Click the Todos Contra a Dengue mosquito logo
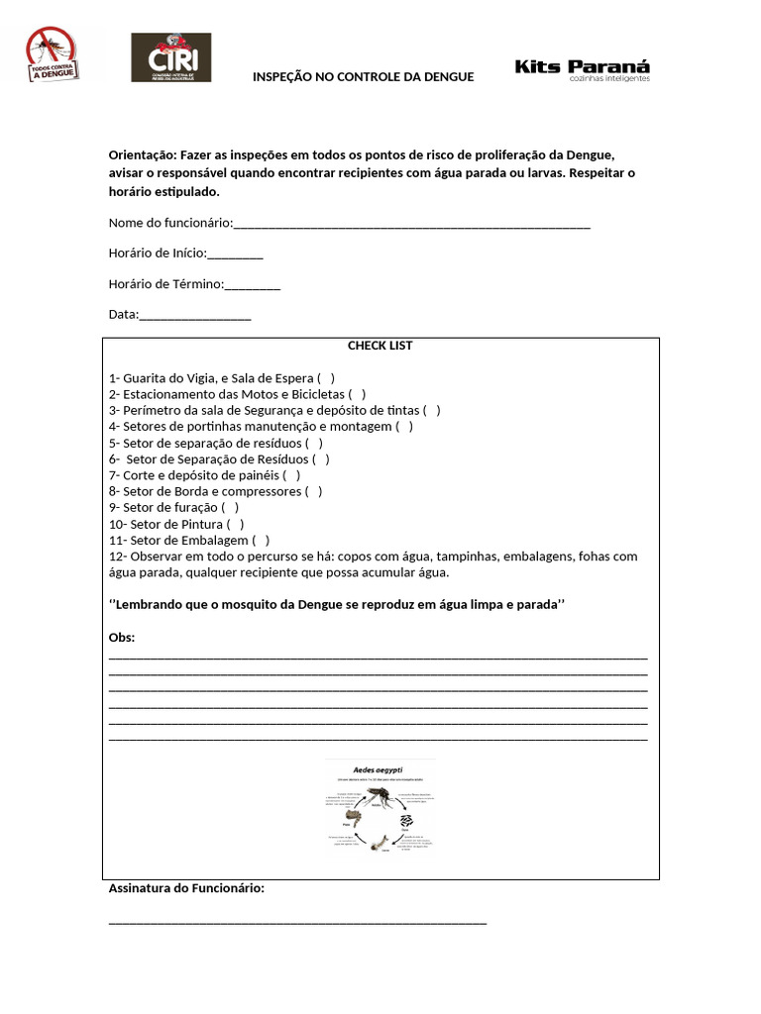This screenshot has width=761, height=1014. [x=52, y=54]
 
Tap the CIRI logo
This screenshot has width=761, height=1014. [x=170, y=57]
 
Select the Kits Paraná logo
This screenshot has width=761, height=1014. [x=583, y=70]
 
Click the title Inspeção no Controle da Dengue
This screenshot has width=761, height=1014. [x=363, y=76]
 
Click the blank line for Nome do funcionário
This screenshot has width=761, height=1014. [x=411, y=224]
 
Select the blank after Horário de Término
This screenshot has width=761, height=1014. [x=253, y=285]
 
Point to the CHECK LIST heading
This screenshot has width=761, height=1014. [x=380, y=346]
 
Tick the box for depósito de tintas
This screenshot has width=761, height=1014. [x=431, y=410]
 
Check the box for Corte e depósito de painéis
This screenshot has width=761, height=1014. [x=291, y=475]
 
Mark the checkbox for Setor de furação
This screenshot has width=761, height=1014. [x=230, y=507]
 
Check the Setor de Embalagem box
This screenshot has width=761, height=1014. [x=261, y=540]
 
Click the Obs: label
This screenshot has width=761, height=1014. [x=121, y=637]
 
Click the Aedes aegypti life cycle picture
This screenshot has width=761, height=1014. [x=380, y=806]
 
